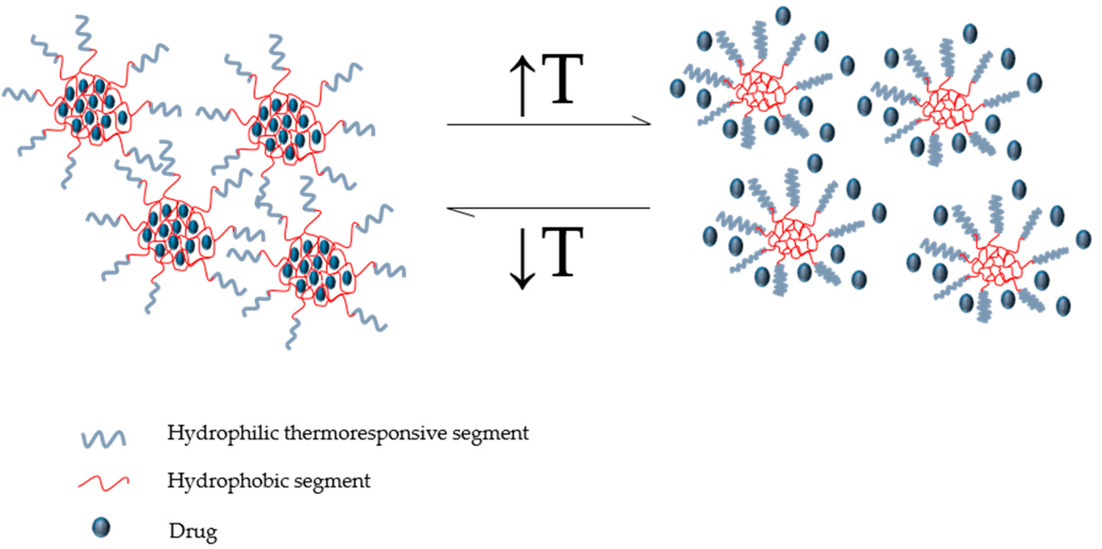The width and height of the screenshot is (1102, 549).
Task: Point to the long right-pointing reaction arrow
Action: tap(548, 124)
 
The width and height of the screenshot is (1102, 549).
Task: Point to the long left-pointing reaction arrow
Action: tap(548, 209)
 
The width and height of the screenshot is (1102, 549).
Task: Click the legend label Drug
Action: tap(193, 531)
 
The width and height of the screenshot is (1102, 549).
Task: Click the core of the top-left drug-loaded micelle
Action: tap(92, 109)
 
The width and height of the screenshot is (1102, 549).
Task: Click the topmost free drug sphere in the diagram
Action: tap(783, 16)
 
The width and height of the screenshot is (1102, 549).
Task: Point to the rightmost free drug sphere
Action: tap(1083, 239)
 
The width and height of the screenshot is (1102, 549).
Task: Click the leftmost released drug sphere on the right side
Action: tap(677, 88)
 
